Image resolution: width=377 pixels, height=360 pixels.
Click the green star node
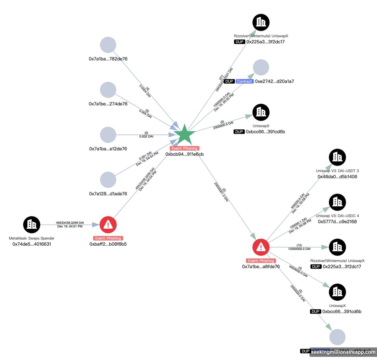pos(184,135)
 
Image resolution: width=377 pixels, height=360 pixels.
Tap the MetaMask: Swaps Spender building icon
pos(32,225)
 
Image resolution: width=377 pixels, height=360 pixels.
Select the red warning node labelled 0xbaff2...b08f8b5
pos(108,225)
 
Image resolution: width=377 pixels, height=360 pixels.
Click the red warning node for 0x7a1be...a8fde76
pos(261,247)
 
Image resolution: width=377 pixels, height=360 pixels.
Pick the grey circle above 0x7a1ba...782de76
pos(108,45)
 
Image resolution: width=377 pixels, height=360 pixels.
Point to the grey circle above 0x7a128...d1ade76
pos(108,180)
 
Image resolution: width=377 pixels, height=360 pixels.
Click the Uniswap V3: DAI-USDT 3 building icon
pos(337,157)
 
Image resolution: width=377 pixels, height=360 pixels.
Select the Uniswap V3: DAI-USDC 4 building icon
pos(337,202)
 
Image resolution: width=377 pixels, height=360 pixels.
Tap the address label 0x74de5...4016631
pos(32,244)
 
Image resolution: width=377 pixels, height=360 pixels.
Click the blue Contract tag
pos(244,81)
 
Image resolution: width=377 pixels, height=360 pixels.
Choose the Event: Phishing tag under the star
pos(184,148)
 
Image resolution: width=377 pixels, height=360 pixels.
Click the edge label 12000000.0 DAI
pos(299,249)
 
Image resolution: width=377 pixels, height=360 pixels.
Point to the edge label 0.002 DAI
pos(146,137)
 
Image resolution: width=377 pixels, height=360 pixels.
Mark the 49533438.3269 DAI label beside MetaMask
pos(70,223)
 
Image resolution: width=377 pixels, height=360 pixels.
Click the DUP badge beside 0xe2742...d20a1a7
pos(229,81)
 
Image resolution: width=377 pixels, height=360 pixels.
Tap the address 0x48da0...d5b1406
pos(337,177)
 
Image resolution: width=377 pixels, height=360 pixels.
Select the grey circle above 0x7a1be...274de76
pos(108,90)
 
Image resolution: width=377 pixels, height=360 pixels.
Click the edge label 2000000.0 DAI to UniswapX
pos(223,125)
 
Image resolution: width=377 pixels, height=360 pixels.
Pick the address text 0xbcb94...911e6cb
pos(184,154)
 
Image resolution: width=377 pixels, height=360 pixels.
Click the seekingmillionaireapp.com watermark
pos(343,352)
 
